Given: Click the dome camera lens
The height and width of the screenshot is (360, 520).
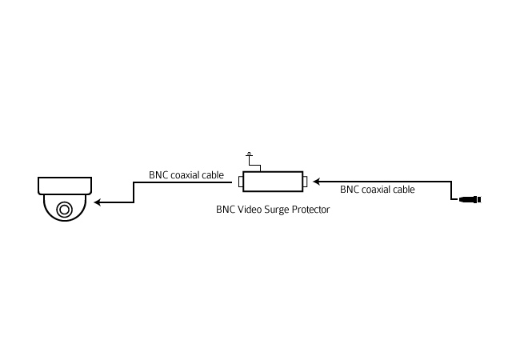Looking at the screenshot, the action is coord(64,210).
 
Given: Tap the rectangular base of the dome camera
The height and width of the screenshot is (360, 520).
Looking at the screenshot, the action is coord(65,186).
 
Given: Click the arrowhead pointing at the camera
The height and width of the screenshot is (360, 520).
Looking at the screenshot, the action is coord(98,202).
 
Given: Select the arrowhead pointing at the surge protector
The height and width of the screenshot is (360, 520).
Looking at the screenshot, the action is coord(316,182).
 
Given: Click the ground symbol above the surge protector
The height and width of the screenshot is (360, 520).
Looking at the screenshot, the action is coord(250,154).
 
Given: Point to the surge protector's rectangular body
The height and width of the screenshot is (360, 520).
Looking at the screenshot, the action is coord(273,182).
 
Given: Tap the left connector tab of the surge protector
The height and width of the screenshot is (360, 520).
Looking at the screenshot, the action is coord(241,182).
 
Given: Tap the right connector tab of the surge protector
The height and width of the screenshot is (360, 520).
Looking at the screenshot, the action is coord(305,182).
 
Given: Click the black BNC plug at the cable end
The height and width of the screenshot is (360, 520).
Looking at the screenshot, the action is coord(470,199).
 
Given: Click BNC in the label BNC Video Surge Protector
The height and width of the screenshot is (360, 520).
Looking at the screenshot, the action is coord(226,210).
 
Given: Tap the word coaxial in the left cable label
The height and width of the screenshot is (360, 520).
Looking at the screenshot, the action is coord(188,175).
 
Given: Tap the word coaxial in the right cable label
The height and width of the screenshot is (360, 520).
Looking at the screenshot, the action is coord(379,190).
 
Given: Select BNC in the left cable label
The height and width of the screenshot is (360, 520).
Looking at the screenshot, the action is coord(158,175).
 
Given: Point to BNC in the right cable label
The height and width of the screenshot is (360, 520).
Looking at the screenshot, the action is coord(350,190).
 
